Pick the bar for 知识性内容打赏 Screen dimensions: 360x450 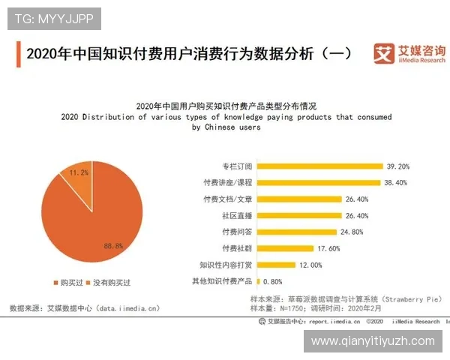point(274,265)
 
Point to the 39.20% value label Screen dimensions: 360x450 point(398,166)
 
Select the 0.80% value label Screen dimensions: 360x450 point(271,282)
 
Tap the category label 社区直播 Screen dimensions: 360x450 point(236,215)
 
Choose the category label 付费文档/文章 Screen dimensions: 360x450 point(228,199)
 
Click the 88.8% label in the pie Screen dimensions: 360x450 point(114,246)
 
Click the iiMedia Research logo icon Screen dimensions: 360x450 point(384,54)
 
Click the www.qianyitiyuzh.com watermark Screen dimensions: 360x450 point(373,340)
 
